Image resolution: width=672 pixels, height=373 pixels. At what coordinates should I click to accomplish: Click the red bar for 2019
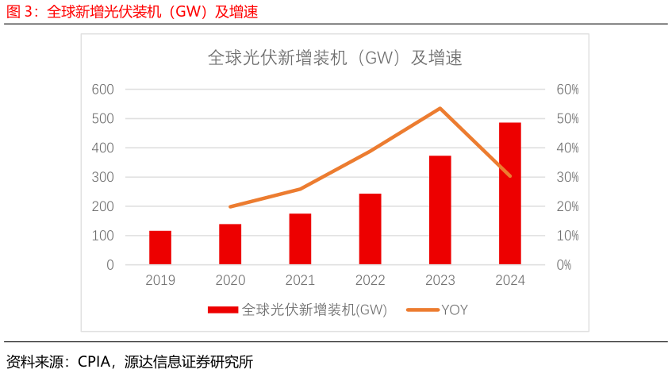pos(160,248)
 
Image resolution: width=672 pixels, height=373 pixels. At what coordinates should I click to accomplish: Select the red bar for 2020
pos(230,244)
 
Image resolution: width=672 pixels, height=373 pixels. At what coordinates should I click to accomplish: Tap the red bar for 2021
pos(300,239)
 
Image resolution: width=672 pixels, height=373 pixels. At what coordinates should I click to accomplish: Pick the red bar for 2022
pos(370,229)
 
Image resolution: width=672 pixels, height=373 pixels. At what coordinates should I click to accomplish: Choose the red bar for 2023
pos(440,210)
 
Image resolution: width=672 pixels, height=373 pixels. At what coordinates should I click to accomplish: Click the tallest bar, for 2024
pos(509,194)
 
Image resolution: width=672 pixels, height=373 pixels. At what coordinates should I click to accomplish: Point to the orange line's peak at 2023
pos(440,108)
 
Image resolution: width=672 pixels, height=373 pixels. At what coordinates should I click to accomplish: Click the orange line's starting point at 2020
pos(230,206)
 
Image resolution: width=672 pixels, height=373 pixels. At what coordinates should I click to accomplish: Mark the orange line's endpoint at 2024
pos(509,175)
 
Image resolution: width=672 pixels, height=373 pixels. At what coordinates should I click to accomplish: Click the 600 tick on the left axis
pos(102,90)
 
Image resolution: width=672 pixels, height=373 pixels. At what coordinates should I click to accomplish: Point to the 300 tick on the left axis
pos(102,177)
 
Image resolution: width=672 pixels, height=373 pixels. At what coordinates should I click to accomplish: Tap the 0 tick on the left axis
pos(110,265)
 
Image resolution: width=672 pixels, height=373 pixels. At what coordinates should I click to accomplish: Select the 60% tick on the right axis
pos(567,90)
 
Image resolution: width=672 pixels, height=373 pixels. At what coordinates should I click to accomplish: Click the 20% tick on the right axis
pos(567,206)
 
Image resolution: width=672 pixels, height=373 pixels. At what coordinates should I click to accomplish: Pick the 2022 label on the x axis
pos(370,281)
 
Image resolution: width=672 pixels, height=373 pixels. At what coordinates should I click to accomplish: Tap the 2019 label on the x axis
pos(160,281)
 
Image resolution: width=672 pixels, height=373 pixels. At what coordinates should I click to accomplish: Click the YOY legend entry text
pos(455,310)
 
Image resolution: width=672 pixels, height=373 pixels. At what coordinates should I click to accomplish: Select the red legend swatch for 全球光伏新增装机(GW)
pos(223,310)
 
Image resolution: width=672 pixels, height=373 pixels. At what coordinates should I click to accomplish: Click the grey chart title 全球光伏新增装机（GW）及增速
pos(335,58)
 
